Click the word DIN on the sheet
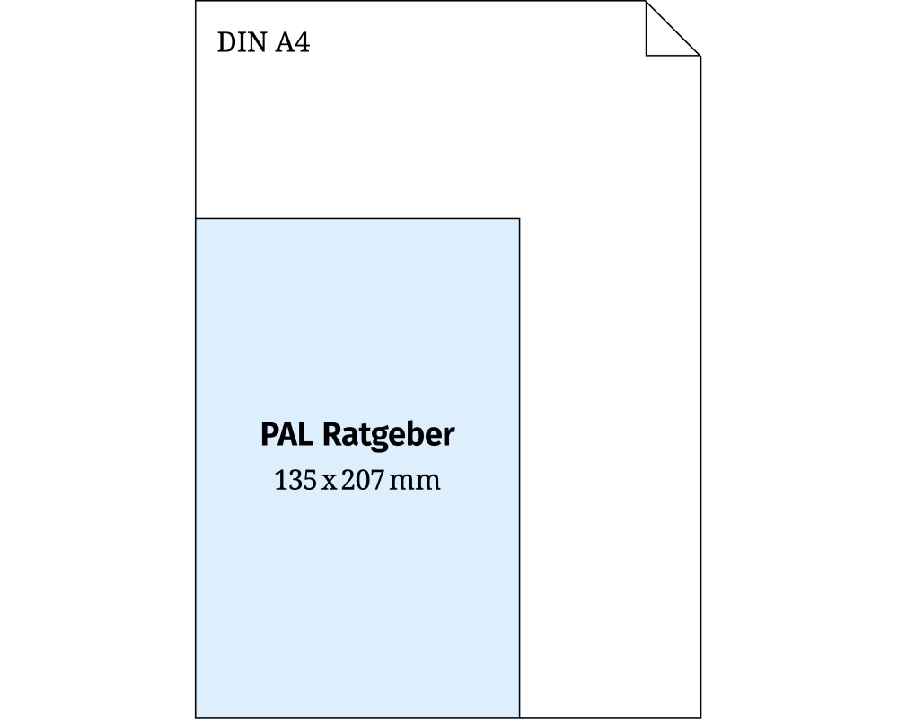click(x=240, y=42)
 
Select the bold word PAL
click(x=287, y=436)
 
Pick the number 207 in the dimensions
click(x=358, y=481)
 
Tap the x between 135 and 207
click(x=328, y=483)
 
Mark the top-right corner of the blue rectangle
click(x=519, y=218)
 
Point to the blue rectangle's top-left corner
click(x=196, y=218)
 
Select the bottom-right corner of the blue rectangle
click(x=519, y=717)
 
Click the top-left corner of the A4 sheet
click(x=196, y=2)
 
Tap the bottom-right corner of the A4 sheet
click(x=700, y=717)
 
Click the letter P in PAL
click(x=269, y=436)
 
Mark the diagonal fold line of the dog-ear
click(x=673, y=29)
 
